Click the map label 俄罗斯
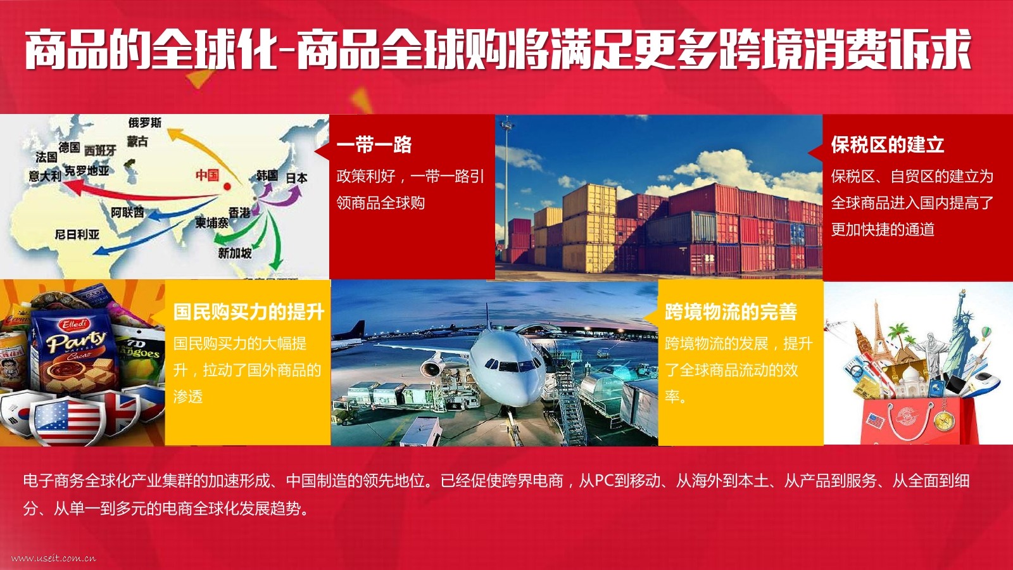tap(145, 122)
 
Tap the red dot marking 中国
tap(227, 186)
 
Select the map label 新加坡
tap(235, 253)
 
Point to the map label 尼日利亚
tap(77, 234)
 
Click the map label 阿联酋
tap(127, 212)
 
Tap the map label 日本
tap(297, 178)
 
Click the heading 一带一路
tap(374, 145)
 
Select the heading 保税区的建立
tap(887, 145)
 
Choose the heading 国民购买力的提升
tap(249, 312)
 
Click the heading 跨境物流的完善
tap(731, 312)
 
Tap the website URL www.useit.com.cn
tap(53, 558)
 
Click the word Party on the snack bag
tap(76, 342)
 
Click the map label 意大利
tap(45, 175)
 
